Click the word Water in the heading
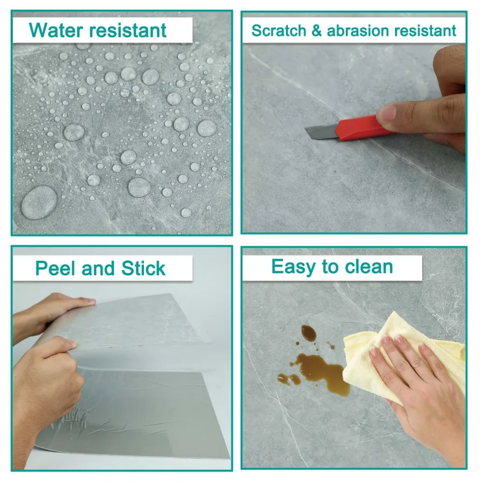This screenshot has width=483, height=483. click(x=54, y=30)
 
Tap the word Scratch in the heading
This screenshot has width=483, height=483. click(x=278, y=30)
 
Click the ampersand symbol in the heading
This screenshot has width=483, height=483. click(x=316, y=30)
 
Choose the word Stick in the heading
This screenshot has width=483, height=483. click(x=143, y=269)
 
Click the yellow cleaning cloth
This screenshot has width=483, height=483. click(x=367, y=348)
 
